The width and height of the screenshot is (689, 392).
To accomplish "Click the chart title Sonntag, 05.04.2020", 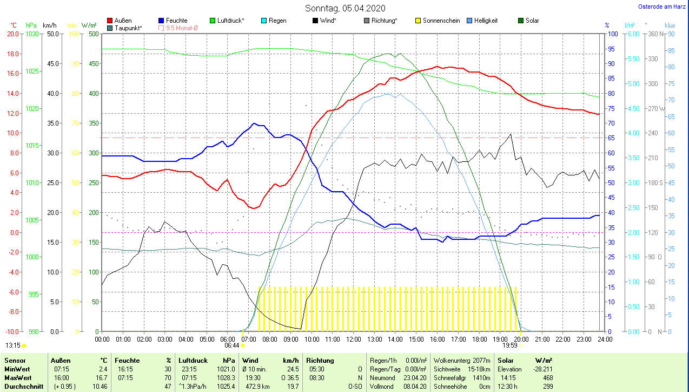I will pos(345,8).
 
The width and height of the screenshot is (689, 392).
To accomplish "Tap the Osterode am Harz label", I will pos(662,6).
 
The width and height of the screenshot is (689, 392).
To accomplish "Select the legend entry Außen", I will pos(123,21).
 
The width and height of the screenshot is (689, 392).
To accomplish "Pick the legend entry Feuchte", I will pos(176,21).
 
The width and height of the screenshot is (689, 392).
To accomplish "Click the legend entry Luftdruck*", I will pos(230,21).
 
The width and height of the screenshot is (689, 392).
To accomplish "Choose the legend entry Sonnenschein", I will pos(441,21).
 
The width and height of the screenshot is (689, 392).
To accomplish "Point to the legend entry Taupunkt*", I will pos(128,28).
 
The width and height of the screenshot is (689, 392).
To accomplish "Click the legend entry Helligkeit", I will pos(486,21).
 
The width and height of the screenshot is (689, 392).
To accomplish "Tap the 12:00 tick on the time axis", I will pos(353,339).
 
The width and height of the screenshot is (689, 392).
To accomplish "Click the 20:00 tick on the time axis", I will pos(521,339).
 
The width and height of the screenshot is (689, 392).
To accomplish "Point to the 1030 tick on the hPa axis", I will pos(32,34).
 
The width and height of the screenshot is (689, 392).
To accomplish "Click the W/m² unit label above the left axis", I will pos(89,25).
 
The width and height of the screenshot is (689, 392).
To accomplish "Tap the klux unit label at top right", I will pos(670,25).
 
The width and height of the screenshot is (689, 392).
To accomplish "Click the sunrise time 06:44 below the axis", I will pos(232,345).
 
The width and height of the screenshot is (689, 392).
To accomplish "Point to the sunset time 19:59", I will pos(510,345).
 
